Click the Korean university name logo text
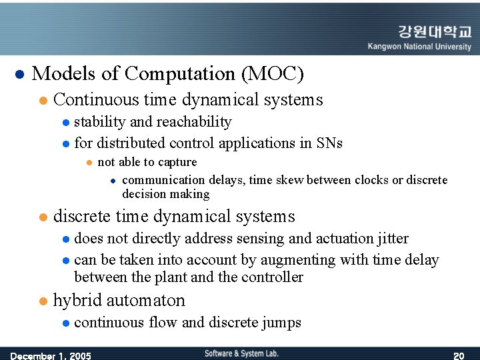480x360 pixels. coord(434,33)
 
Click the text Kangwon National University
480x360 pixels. coord(419,47)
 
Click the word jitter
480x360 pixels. coord(393,238)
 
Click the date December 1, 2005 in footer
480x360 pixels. coord(51,355)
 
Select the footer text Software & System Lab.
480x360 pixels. coord(241,353)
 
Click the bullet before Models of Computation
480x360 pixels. coord(19,74)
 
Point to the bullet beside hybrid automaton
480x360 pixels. coord(43,301)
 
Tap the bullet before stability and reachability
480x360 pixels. coord(65,123)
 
